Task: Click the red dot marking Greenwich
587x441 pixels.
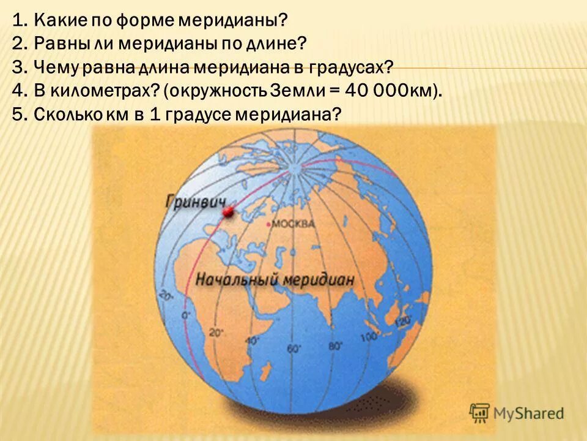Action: tap(228, 212)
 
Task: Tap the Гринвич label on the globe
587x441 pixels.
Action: tap(195, 202)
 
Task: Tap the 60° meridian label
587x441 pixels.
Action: tap(295, 349)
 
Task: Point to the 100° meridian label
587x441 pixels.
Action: tap(369, 336)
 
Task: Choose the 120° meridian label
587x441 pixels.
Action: tap(403, 320)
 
